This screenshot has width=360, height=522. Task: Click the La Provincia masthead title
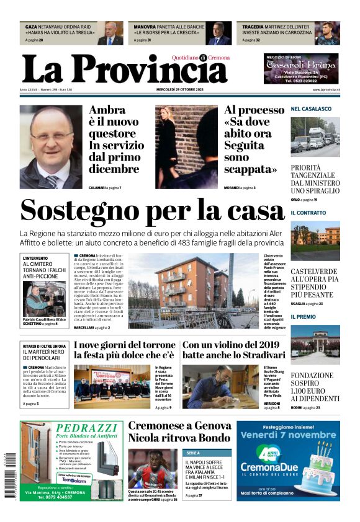(x=124, y=69)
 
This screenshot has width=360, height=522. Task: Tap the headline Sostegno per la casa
(x=152, y=211)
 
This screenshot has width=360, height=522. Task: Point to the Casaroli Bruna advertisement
(x=301, y=69)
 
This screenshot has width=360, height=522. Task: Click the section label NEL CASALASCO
(x=311, y=109)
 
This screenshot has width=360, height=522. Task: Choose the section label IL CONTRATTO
(x=308, y=213)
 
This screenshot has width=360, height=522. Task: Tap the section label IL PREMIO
(x=304, y=317)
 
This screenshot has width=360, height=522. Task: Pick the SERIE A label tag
(x=193, y=453)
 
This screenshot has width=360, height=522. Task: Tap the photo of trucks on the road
(x=315, y=138)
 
